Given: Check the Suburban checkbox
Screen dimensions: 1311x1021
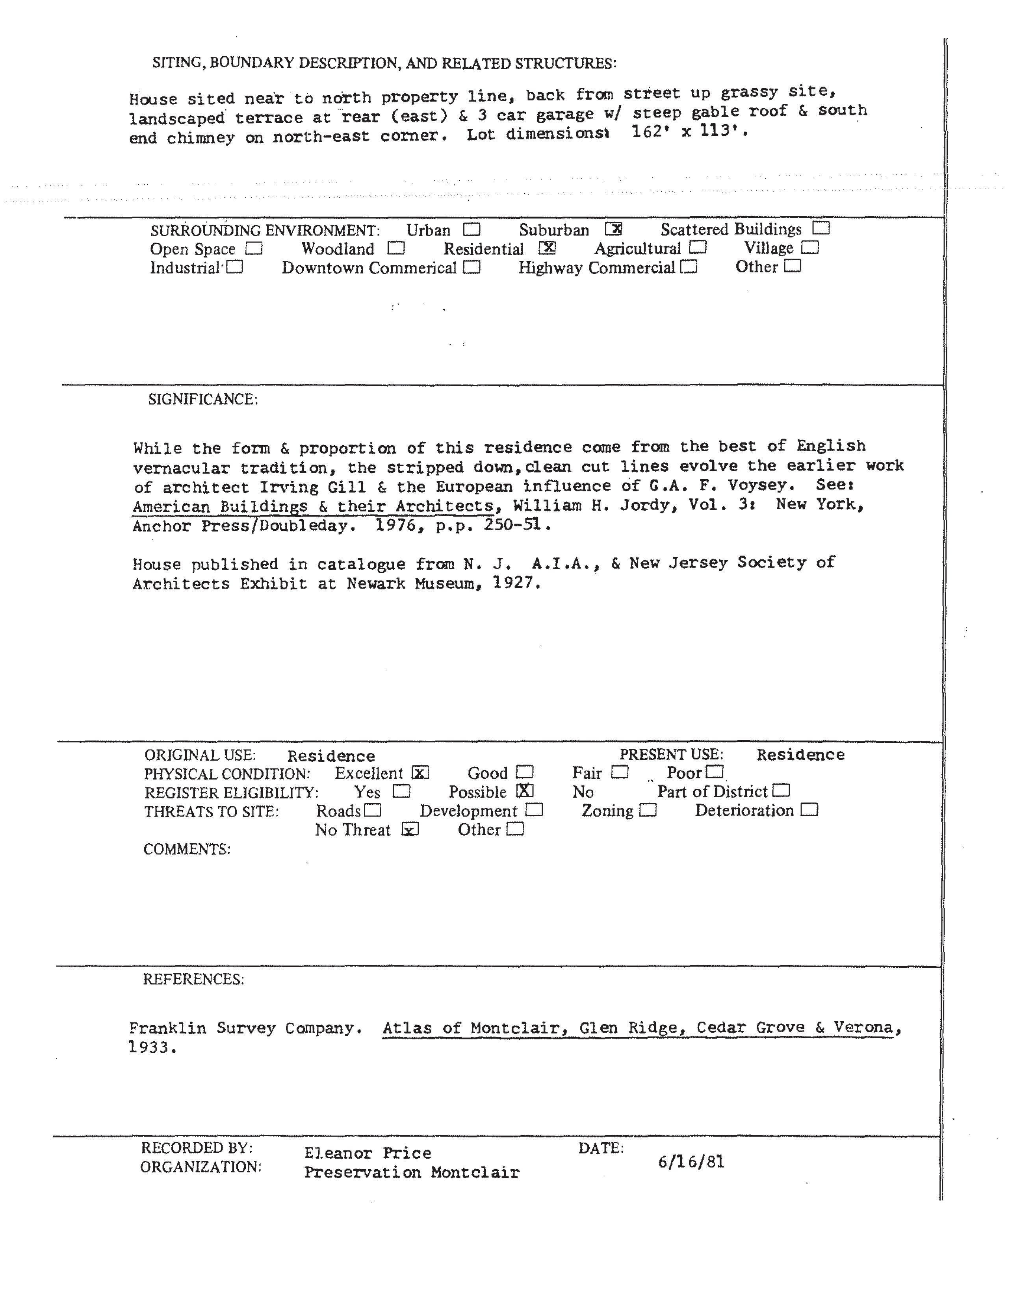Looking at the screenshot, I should [613, 229].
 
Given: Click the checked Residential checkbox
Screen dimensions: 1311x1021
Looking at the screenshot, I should [547, 247].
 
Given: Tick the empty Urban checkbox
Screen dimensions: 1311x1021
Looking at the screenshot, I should [472, 229].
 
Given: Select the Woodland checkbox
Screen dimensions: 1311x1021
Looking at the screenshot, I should [396, 248].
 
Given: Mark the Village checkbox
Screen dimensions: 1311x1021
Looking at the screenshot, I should [810, 247].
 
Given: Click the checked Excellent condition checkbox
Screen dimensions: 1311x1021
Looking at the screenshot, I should [420, 772].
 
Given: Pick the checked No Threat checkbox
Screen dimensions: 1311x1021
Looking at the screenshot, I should [410, 830].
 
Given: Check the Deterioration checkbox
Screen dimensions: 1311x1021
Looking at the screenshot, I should [809, 810].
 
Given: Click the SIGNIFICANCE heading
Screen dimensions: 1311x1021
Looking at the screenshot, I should [203, 400].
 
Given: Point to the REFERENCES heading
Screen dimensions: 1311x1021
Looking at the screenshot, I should [193, 979].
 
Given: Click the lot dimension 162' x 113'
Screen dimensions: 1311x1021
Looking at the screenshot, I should [688, 131].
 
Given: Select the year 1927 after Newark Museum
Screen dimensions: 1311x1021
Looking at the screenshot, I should [515, 583].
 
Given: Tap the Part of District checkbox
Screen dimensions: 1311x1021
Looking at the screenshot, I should [782, 791].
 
